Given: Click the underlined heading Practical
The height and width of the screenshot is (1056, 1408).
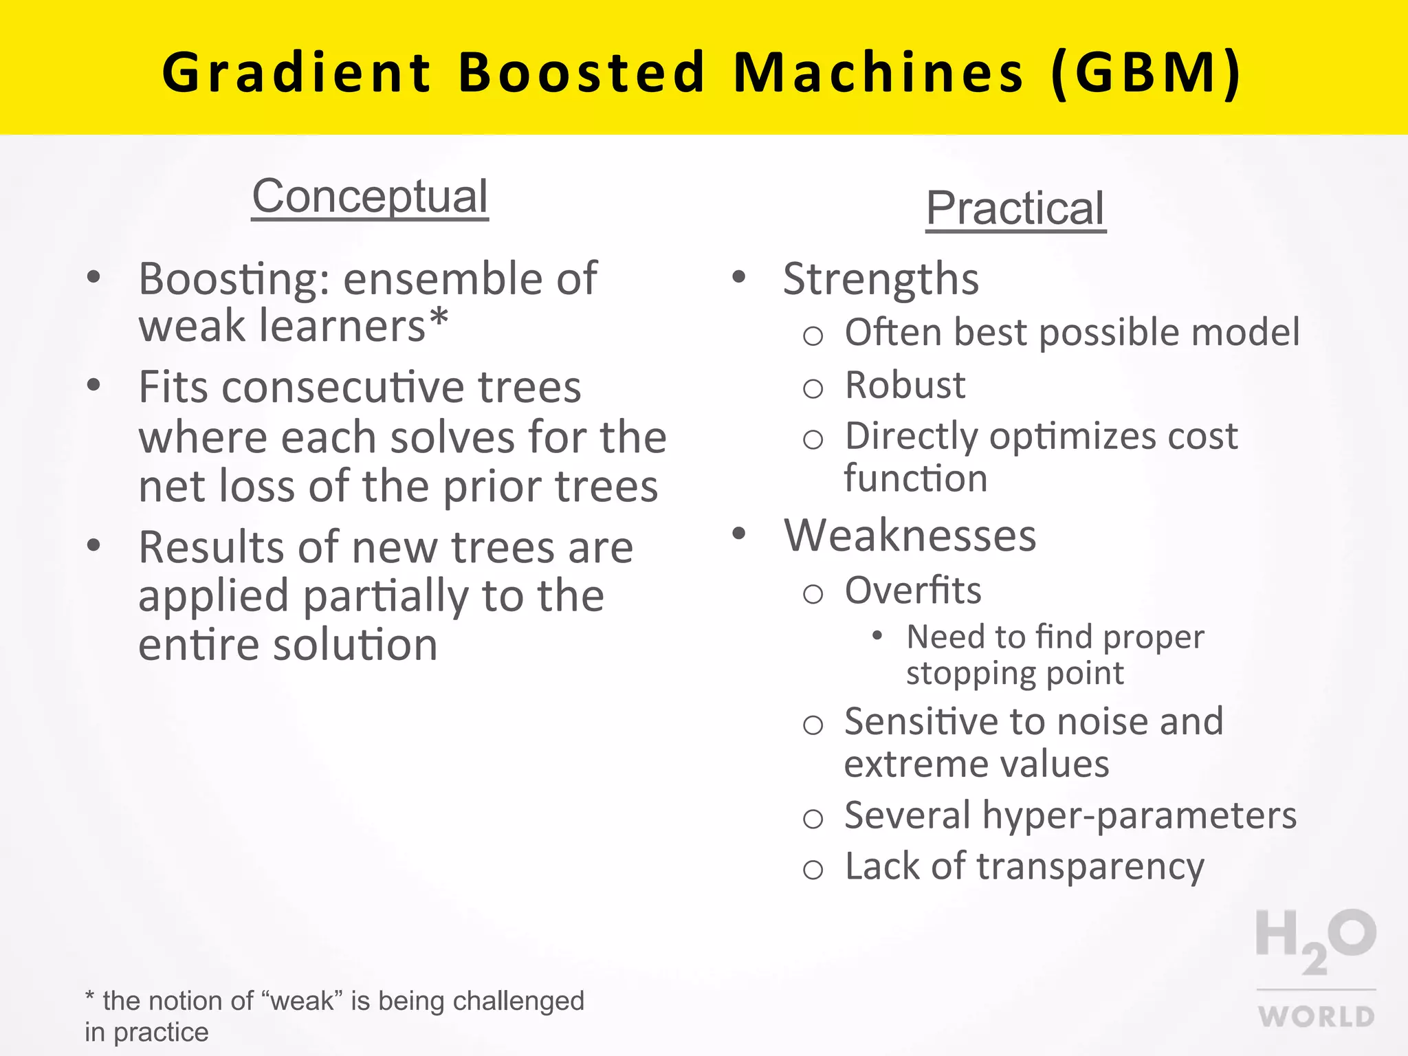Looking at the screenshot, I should [x=1015, y=208].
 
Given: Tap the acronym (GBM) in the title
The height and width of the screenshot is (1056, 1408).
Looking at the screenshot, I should [x=1146, y=73].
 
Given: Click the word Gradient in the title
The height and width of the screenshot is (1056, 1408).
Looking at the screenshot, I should [x=296, y=73].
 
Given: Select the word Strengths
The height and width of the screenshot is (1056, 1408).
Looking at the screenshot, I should [x=881, y=279].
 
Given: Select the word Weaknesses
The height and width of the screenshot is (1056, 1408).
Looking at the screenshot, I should [x=910, y=536].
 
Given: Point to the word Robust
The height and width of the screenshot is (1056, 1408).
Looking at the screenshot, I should [x=905, y=385].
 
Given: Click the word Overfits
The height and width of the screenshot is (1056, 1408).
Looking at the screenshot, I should [x=912, y=591].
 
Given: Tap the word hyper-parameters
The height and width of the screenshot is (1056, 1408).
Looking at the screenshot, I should [x=1139, y=816].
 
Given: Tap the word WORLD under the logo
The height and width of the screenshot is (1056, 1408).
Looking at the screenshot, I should [x=1316, y=1016].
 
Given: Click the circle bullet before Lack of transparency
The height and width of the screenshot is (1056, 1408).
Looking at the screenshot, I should [x=813, y=870].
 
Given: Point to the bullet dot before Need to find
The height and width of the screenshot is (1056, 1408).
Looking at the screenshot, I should [x=877, y=636].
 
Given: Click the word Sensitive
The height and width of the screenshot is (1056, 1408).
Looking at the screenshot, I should [x=921, y=722].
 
